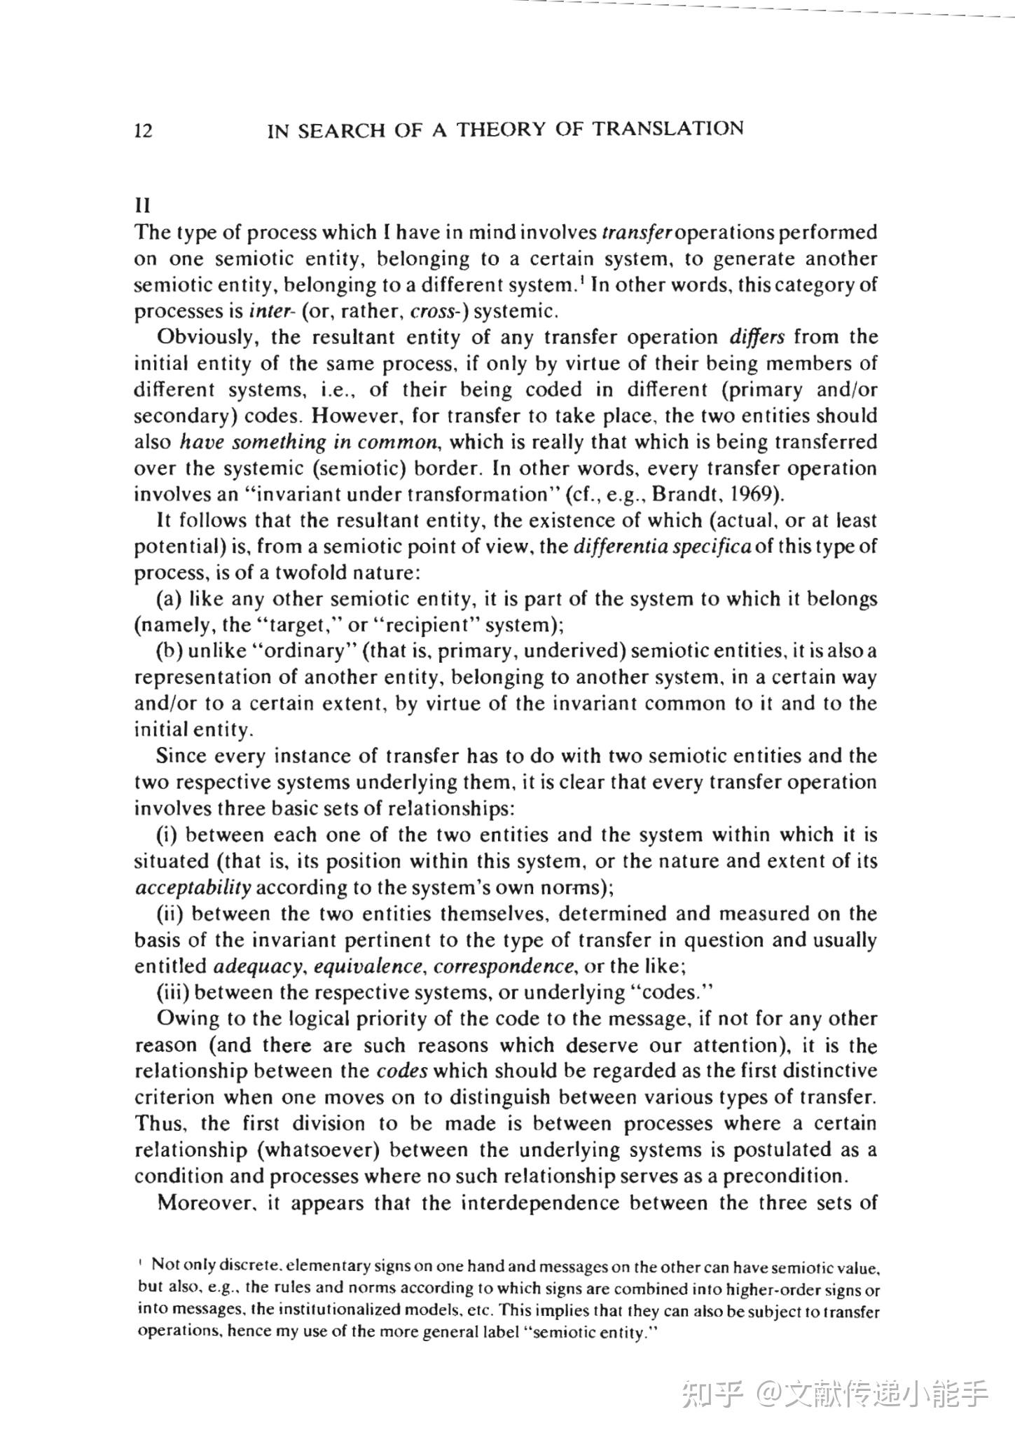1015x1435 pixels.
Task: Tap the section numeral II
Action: (x=142, y=206)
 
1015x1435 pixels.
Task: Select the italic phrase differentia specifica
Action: (x=662, y=547)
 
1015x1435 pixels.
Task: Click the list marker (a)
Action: (x=170, y=600)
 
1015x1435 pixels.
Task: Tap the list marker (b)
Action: (x=170, y=652)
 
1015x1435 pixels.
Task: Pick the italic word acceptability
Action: (x=193, y=888)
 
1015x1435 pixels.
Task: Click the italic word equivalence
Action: (x=368, y=967)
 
